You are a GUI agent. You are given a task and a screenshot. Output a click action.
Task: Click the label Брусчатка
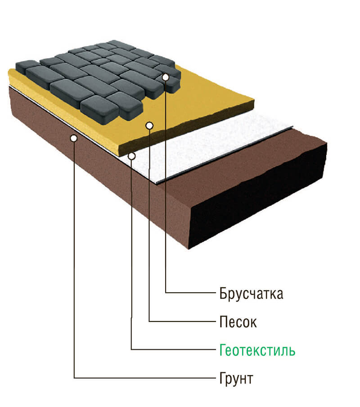pyautogui.click(x=252, y=294)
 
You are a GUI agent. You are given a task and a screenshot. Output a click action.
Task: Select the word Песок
pyautogui.click(x=238, y=322)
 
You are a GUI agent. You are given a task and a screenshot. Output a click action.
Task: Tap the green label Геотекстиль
pyautogui.click(x=257, y=350)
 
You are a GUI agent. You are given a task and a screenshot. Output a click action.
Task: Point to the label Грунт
pyautogui.click(x=236, y=378)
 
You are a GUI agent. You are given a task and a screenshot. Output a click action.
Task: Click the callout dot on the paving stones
pyautogui.click(x=166, y=77)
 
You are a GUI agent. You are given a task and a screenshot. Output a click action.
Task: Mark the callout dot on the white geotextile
pyautogui.click(x=132, y=156)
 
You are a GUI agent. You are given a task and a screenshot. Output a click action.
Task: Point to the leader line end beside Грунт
pyautogui.click(x=211, y=377)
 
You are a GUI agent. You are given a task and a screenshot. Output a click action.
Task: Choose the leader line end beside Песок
pyautogui.click(x=211, y=321)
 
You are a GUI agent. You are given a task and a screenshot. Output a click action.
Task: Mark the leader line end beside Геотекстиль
pyautogui.click(x=211, y=349)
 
